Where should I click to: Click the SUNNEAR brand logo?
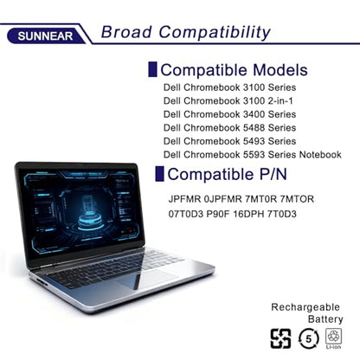tap(45, 36)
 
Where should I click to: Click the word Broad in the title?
tap(126, 32)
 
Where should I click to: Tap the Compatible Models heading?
tap(234, 70)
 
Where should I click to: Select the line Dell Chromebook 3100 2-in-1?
tap(228, 101)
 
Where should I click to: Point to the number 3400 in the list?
tap(254, 114)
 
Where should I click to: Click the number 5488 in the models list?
tap(254, 128)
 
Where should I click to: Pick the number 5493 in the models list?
tap(254, 141)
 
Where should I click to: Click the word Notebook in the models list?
tap(320, 155)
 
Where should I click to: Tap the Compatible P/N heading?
tap(227, 174)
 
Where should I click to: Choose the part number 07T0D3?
tap(186, 214)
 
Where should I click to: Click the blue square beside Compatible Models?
tap(152, 69)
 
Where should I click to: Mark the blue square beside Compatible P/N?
tap(159, 174)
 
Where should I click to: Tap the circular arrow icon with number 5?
tap(309, 338)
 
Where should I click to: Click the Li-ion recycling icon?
tap(333, 338)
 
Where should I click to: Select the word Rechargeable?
tap(305, 307)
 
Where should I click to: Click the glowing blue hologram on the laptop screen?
tap(90, 212)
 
